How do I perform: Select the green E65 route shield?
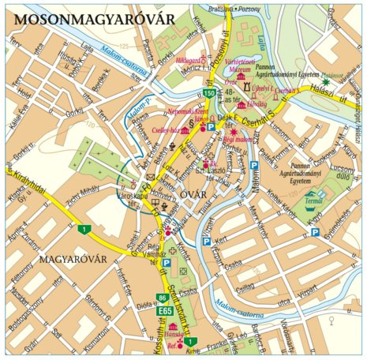click(163, 311)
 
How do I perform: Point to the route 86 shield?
click(162, 298)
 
